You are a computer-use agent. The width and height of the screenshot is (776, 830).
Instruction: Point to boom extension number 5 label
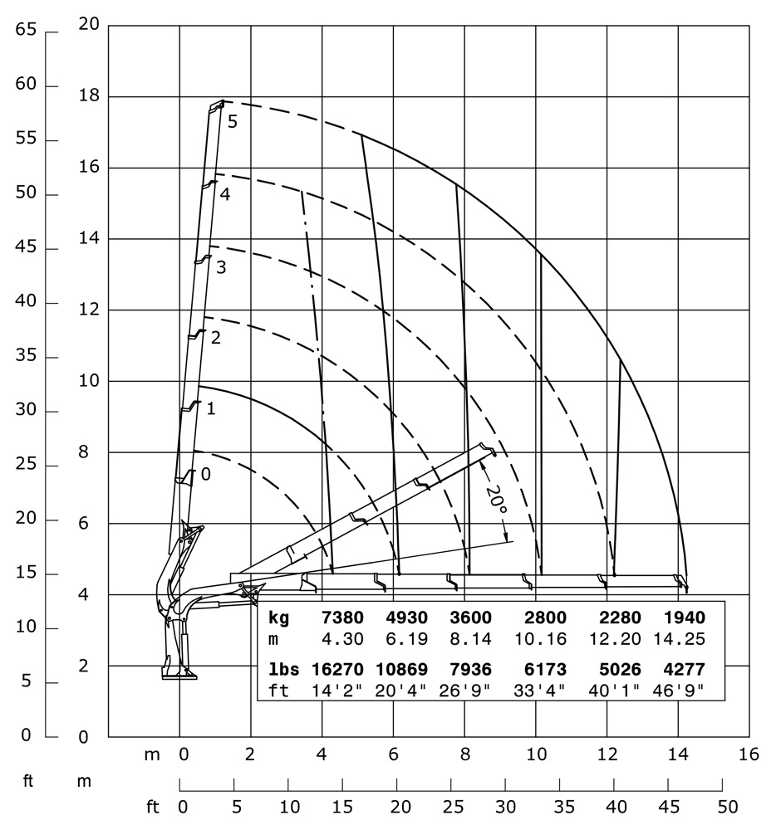click(x=233, y=121)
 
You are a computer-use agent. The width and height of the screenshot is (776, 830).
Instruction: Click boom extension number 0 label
click(x=206, y=475)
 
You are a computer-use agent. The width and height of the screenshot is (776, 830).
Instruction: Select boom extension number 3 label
click(x=220, y=267)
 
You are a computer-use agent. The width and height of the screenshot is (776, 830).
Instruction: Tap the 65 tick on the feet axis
click(x=26, y=30)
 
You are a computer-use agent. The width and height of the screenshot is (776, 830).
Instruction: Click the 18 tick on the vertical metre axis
click(x=89, y=96)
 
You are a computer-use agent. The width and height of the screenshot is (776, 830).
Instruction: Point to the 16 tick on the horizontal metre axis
click(x=749, y=754)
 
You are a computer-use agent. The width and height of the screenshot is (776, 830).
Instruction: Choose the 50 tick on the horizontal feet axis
click(x=727, y=806)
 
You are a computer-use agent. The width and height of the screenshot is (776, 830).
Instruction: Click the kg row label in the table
click(x=279, y=618)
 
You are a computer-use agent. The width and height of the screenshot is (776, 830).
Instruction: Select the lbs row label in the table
click(x=282, y=670)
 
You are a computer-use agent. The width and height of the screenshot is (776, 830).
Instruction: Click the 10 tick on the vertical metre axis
click(x=89, y=381)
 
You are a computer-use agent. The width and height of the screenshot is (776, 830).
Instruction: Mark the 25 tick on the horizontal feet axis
click(x=451, y=806)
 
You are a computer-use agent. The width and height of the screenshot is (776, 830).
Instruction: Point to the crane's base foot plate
click(x=179, y=677)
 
